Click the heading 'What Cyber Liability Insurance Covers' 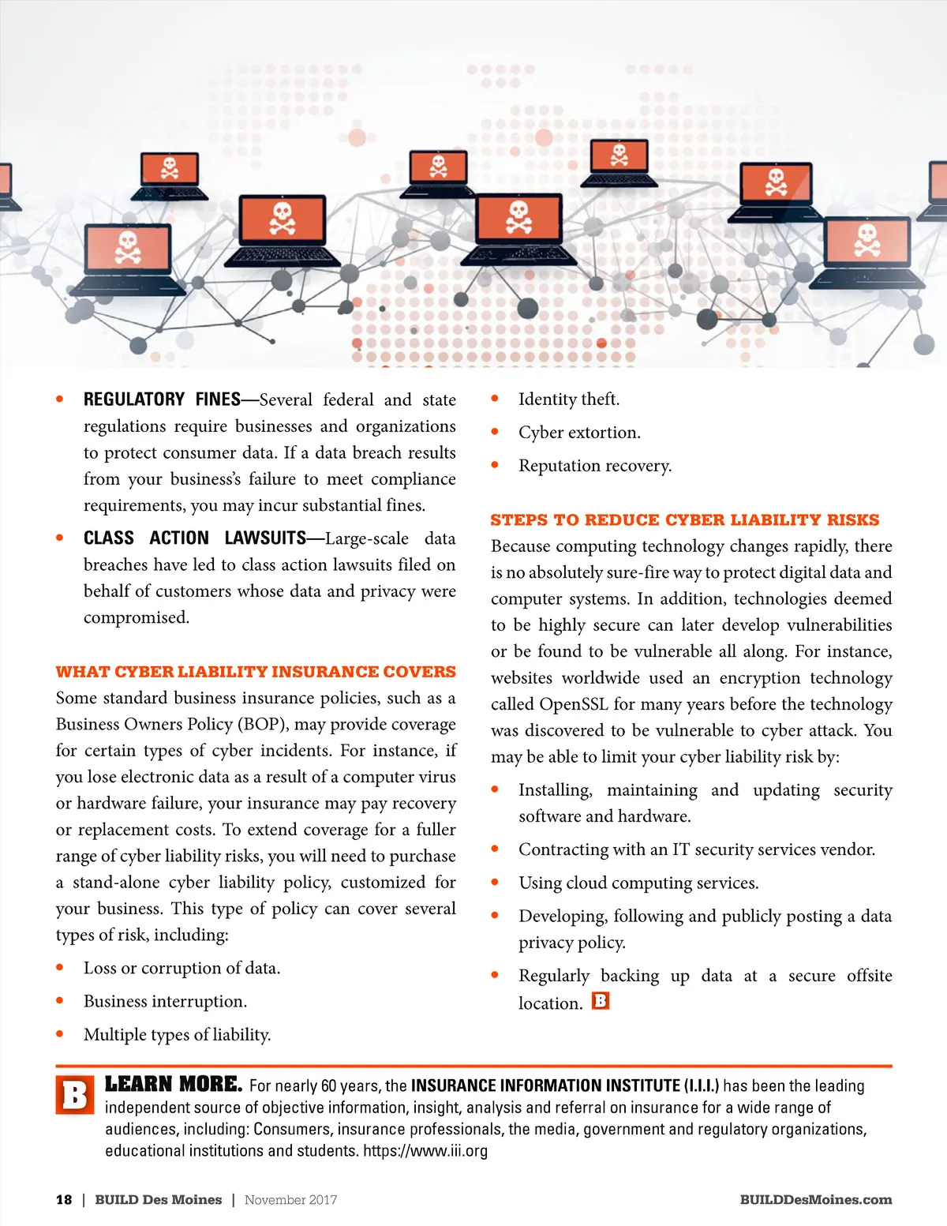click(x=256, y=672)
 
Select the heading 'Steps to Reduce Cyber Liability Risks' click(x=684, y=520)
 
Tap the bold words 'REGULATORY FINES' click(x=162, y=399)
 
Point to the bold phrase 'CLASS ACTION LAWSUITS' click(x=194, y=538)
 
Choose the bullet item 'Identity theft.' click(x=568, y=399)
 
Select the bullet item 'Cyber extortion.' click(x=579, y=433)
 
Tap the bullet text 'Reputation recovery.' click(x=595, y=466)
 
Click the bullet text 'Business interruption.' click(x=165, y=1002)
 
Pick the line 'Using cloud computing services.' click(x=638, y=883)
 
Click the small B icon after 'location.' click(x=601, y=1001)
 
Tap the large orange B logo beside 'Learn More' click(x=75, y=1095)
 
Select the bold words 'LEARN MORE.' click(x=174, y=1085)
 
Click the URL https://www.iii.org click(x=425, y=1150)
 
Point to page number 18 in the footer click(x=64, y=1200)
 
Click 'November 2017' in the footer click(x=290, y=1200)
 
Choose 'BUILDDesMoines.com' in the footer click(x=815, y=1200)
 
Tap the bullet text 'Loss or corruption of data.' click(x=182, y=969)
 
